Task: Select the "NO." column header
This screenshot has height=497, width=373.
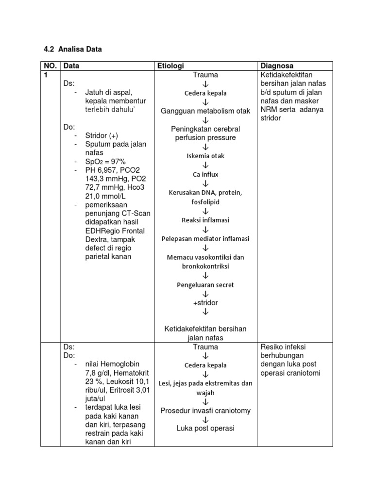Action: [x=50, y=66]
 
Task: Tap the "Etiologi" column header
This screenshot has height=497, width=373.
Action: [x=170, y=66]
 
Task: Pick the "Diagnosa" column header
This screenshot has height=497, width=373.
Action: [x=277, y=66]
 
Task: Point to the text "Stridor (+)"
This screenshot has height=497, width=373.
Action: [x=102, y=135]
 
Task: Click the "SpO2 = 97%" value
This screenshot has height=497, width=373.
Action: [x=105, y=161]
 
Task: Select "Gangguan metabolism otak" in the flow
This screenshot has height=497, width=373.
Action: [x=205, y=111]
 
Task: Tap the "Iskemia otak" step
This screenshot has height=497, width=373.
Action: [x=205, y=156]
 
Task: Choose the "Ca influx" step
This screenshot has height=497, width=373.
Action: [x=205, y=174]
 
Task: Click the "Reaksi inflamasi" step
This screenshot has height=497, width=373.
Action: [x=205, y=220]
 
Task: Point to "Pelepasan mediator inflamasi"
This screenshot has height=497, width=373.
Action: [x=205, y=239]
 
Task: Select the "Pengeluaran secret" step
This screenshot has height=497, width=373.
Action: [x=205, y=285]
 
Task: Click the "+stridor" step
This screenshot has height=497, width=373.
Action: [x=205, y=303]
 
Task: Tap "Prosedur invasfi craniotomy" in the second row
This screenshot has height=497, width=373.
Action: [x=205, y=411]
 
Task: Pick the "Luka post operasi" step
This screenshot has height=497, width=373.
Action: [x=205, y=429]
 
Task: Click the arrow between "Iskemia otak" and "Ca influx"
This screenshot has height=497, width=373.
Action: [x=205, y=165]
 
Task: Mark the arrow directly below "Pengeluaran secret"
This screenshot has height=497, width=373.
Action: [x=205, y=294]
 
